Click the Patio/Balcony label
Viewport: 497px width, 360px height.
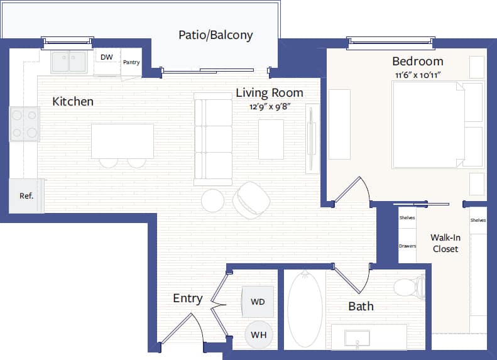click(x=216, y=35)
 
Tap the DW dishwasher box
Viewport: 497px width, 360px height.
click(x=107, y=57)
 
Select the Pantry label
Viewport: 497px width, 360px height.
click(x=131, y=62)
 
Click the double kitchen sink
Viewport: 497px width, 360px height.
click(x=69, y=62)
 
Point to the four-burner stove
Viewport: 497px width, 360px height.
click(x=25, y=124)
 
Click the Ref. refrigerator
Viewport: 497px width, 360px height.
click(x=26, y=195)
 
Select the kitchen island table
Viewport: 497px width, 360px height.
click(x=123, y=141)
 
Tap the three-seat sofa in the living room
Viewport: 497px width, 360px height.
click(x=213, y=139)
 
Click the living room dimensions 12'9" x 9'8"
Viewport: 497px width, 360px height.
click(x=269, y=107)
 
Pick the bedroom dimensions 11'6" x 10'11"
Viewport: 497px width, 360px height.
click(x=418, y=75)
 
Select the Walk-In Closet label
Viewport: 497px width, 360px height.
click(x=445, y=243)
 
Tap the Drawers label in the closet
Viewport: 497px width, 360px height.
click(x=407, y=246)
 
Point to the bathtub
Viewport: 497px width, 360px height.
click(x=305, y=308)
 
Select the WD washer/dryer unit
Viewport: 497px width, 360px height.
click(x=258, y=302)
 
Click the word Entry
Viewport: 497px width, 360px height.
click(x=187, y=298)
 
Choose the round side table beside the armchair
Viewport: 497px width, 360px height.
click(x=212, y=200)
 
